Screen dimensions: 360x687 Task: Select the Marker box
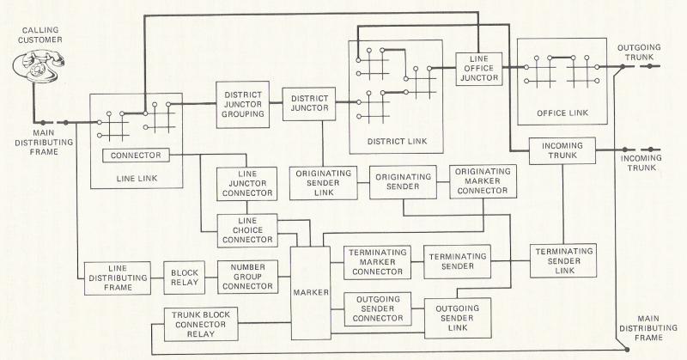point(310,292)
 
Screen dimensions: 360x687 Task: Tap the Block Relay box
point(185,277)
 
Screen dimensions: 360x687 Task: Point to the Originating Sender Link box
point(325,182)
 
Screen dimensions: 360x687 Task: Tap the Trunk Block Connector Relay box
point(204,325)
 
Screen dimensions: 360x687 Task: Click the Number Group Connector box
point(249,277)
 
